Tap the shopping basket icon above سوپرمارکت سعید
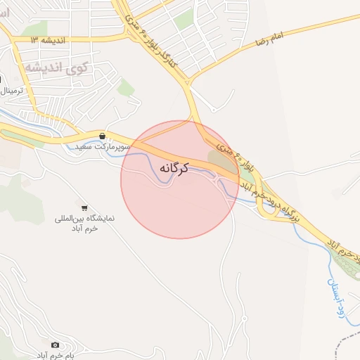(103, 136)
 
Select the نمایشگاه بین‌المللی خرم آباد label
(84, 224)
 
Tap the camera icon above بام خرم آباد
(56, 345)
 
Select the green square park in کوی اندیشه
(126, 88)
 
